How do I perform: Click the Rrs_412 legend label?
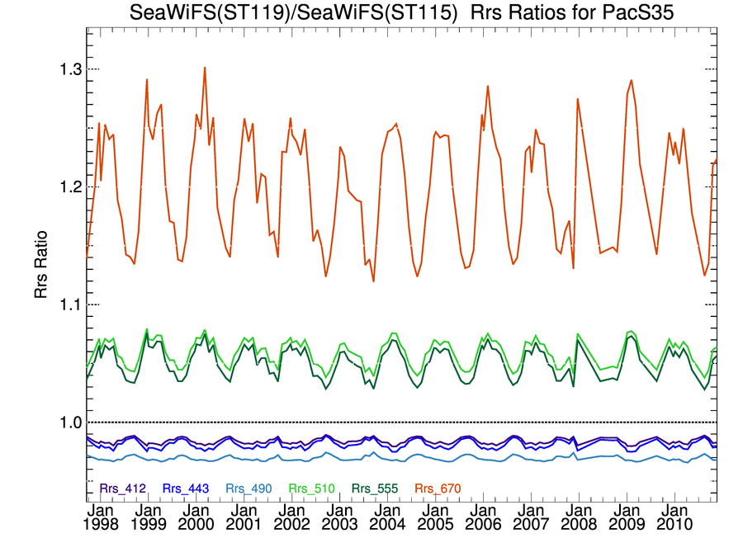coord(123,489)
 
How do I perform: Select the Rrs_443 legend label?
coord(184,489)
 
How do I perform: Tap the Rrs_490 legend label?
coord(247,489)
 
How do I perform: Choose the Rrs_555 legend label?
coord(372,489)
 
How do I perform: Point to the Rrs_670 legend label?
coord(435,489)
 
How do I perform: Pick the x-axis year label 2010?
coord(675,524)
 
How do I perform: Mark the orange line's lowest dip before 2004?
coord(373,281)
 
